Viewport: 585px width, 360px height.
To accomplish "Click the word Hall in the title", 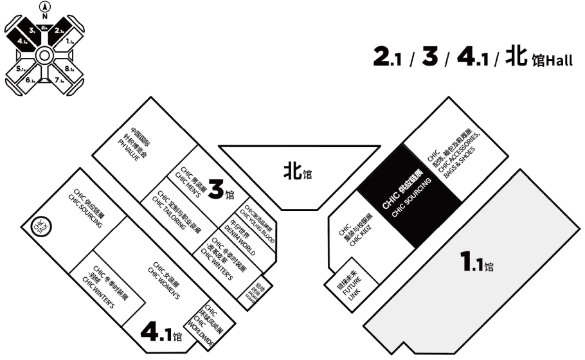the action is click(x=558, y=62).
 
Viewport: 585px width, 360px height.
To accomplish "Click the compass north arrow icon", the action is click(x=44, y=10).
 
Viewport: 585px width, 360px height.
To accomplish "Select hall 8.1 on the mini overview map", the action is click(x=70, y=67).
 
